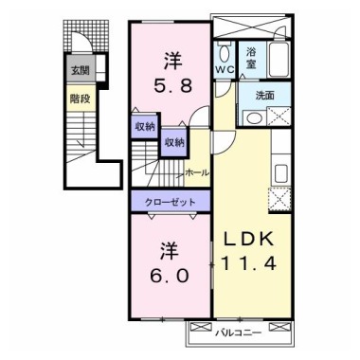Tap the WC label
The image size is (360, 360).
[x=224, y=69]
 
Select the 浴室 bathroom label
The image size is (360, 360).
[x=252, y=56]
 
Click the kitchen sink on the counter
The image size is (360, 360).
[x=281, y=173]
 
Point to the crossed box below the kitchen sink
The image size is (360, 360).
[x=280, y=199]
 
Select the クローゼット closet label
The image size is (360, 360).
[x=171, y=202]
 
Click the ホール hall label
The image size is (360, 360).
[x=198, y=173]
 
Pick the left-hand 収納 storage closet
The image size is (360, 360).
[x=143, y=126]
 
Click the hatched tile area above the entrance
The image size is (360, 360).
[x=78, y=37]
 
